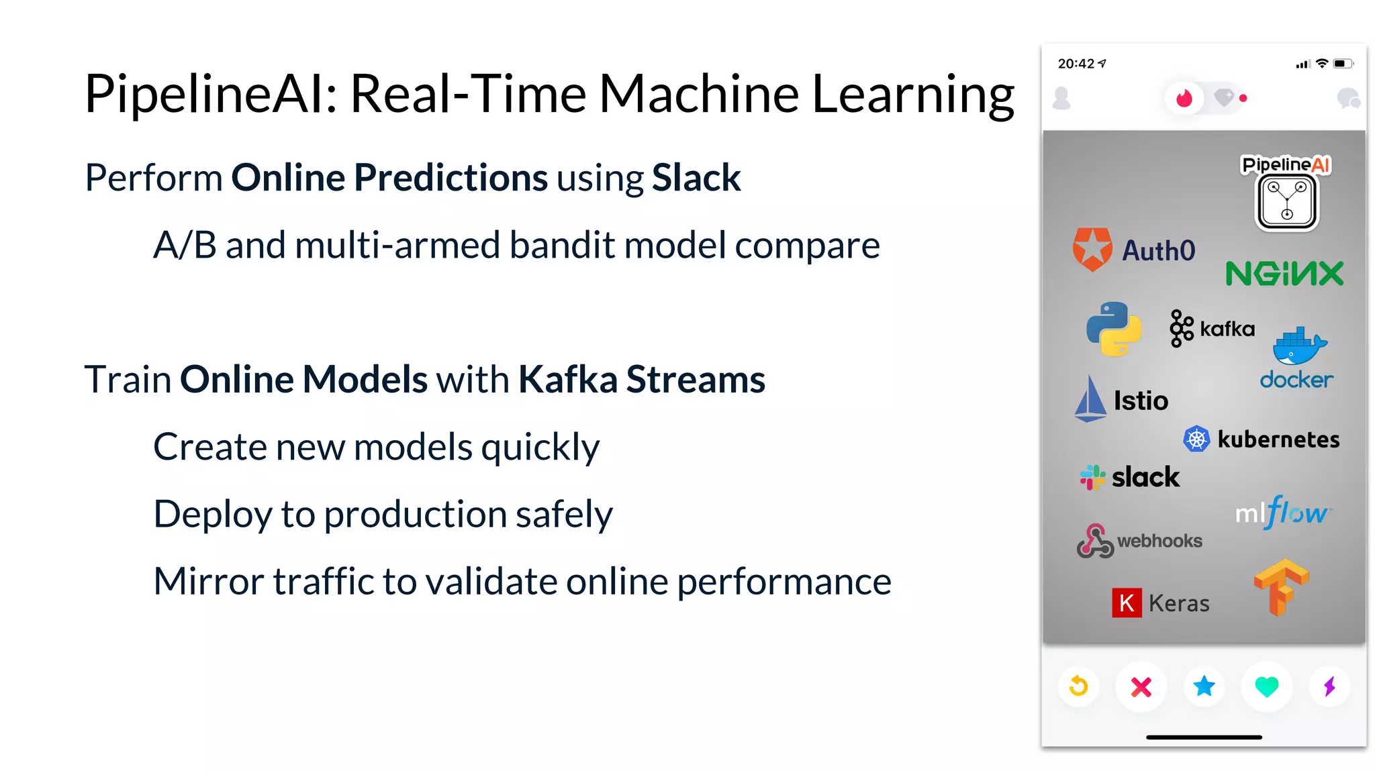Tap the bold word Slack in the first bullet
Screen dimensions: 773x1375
tap(696, 178)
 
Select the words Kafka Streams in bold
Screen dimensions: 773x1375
tap(641, 380)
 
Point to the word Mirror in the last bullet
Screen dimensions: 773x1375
tap(208, 581)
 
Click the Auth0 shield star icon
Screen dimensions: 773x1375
tap(1092, 249)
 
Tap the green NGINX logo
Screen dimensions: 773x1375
tap(1284, 274)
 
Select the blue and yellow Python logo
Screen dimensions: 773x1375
tap(1114, 329)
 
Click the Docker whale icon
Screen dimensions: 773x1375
tap(1299, 345)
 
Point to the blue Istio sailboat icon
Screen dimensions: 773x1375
tap(1090, 399)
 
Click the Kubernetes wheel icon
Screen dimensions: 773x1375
tap(1196, 440)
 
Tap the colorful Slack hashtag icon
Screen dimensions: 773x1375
tap(1092, 477)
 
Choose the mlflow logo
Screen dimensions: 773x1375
tap(1282, 513)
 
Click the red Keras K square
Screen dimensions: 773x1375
tap(1127, 603)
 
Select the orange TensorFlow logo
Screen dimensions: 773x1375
tap(1281, 586)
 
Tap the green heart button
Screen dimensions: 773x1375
tap(1267, 686)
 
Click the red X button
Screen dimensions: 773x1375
tap(1141, 686)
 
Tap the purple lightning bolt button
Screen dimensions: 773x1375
tap(1329, 686)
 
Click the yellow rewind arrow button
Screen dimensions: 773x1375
tap(1078, 686)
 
